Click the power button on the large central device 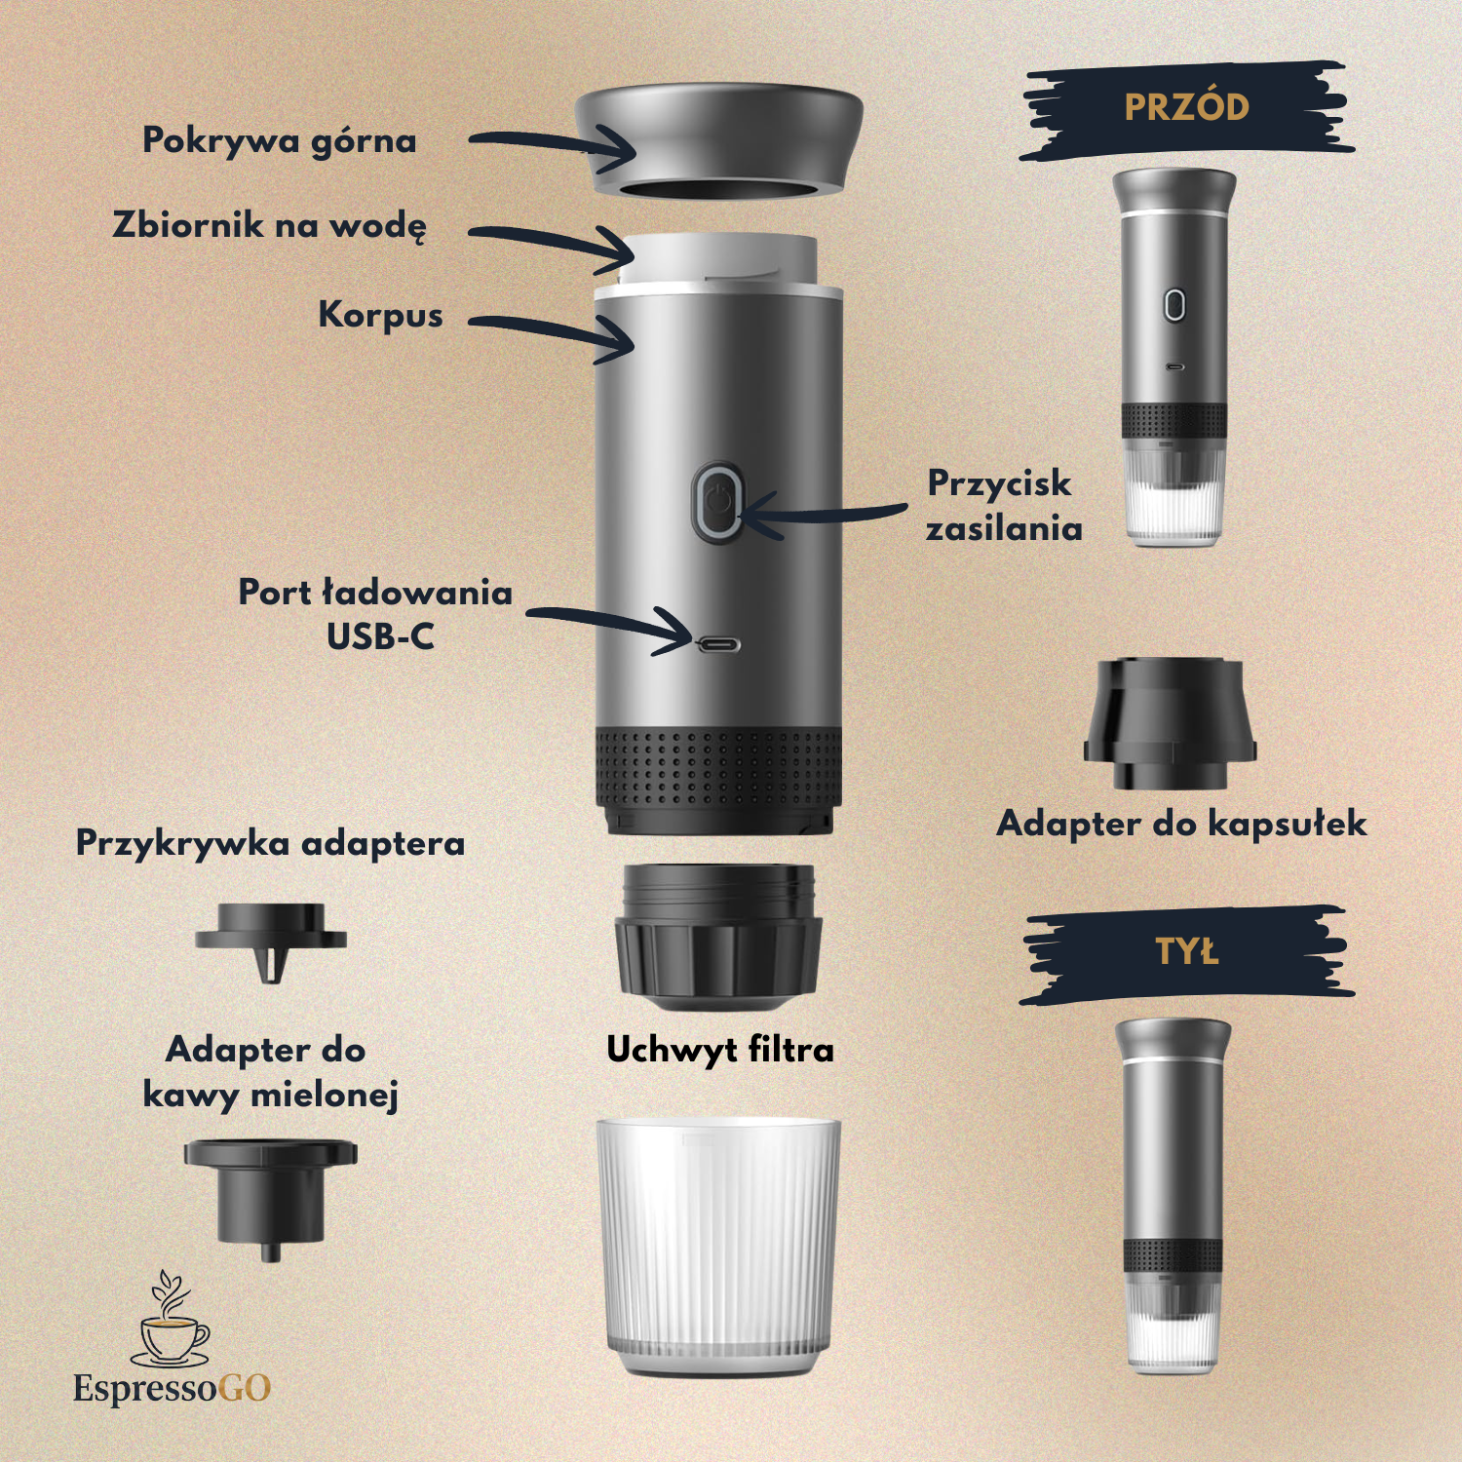(717, 502)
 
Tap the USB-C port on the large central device (718, 644)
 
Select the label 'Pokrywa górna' (280, 141)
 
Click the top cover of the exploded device (718, 141)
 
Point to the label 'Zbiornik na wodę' (270, 226)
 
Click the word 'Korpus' (380, 315)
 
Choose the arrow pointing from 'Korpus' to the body (552, 334)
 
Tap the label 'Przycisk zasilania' (1004, 505)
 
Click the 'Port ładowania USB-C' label (375, 614)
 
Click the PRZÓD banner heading (1186, 108)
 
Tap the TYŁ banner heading (1186, 951)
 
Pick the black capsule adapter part (1170, 723)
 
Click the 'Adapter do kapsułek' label (1181, 824)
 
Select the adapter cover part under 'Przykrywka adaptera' (271, 936)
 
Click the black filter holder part (718, 936)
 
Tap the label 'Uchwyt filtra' (720, 1050)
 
